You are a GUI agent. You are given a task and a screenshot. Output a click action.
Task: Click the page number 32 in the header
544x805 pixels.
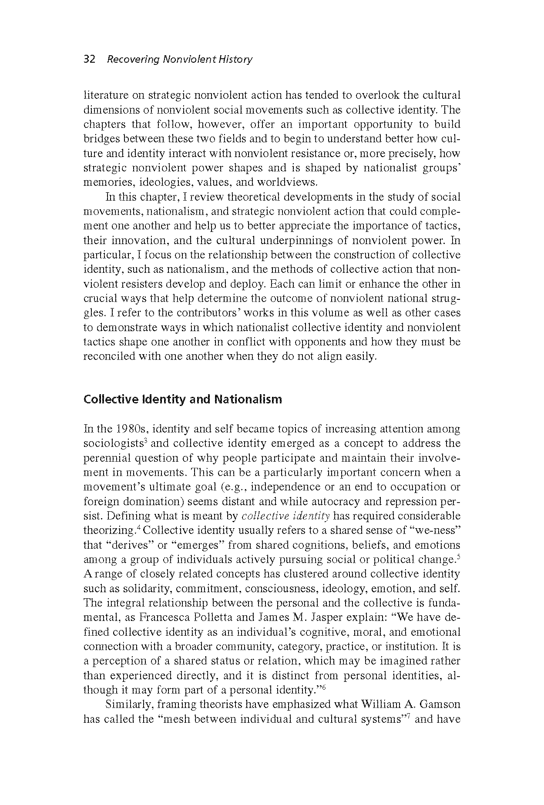pos(89,59)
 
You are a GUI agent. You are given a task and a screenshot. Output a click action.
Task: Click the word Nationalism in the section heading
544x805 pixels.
pos(248,399)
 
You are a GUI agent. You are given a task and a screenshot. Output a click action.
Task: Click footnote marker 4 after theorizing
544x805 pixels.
pos(138,528)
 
